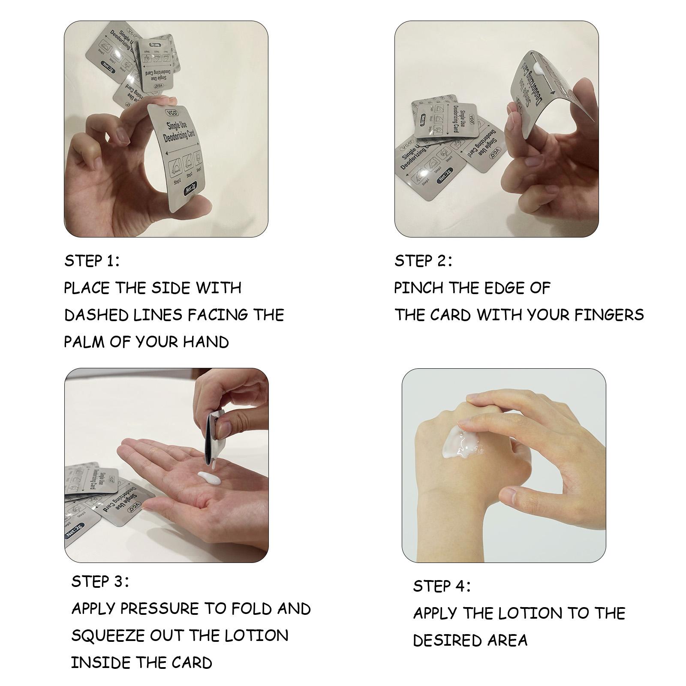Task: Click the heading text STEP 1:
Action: pyautogui.click(x=92, y=261)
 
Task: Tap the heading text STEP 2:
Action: pyautogui.click(x=423, y=261)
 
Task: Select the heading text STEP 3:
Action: pyautogui.click(x=100, y=581)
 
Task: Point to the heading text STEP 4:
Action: pyautogui.click(x=442, y=586)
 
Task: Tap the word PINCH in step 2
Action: pyautogui.click(x=418, y=288)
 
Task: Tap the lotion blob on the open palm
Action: pyautogui.click(x=208, y=476)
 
